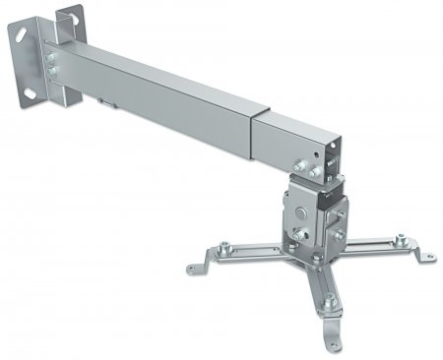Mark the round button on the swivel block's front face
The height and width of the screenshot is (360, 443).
click(x=301, y=212)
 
